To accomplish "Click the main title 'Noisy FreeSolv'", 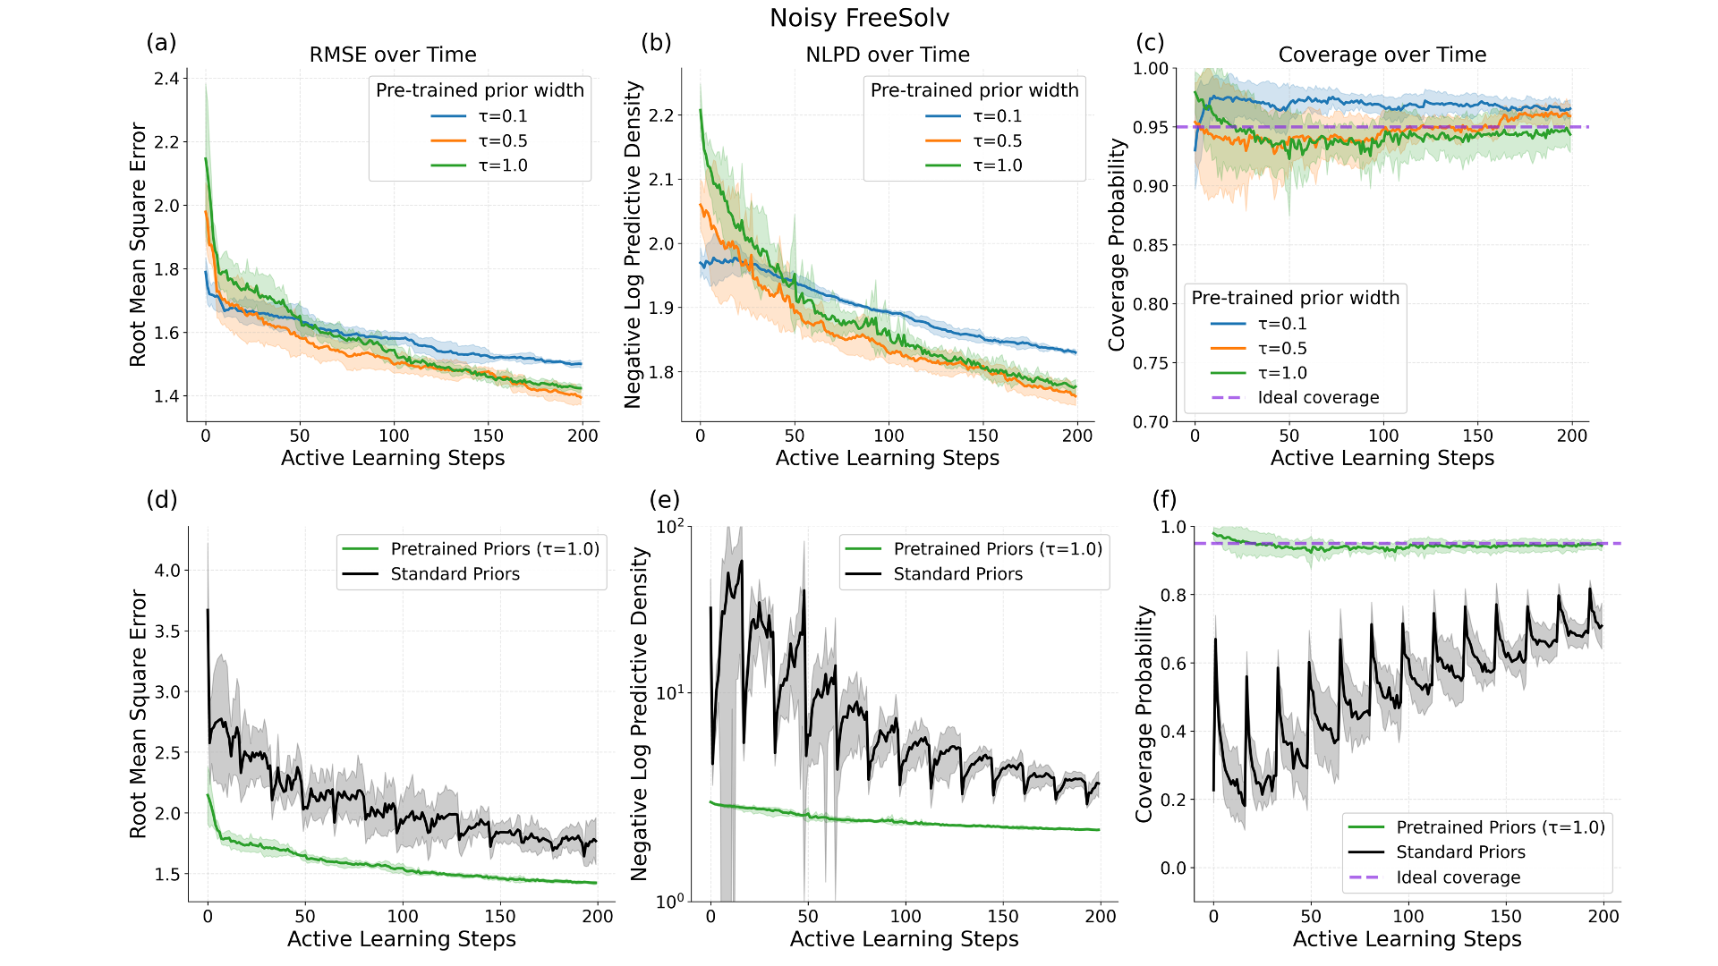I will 859,18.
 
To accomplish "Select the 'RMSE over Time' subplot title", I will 393,55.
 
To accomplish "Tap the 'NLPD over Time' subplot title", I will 888,55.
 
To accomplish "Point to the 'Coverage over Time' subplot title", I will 1382,55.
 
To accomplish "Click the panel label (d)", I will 162,499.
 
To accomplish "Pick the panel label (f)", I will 1164,499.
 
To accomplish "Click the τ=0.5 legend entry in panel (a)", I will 502,141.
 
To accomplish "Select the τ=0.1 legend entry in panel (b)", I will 997,116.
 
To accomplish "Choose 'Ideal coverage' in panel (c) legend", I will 1318,398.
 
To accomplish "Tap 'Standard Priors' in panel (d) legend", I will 455,574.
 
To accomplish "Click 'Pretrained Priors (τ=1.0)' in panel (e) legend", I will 998,549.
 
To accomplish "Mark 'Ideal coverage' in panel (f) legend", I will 1458,877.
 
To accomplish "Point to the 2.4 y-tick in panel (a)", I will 166,79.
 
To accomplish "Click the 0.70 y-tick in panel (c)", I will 1151,422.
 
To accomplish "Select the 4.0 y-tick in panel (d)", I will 168,571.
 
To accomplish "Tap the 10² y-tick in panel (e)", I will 670,526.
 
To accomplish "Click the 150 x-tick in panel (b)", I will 982,436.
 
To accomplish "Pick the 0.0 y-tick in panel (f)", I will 1174,868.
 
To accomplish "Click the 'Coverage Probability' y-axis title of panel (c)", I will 1117,244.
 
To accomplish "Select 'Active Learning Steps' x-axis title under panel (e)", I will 904,939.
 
